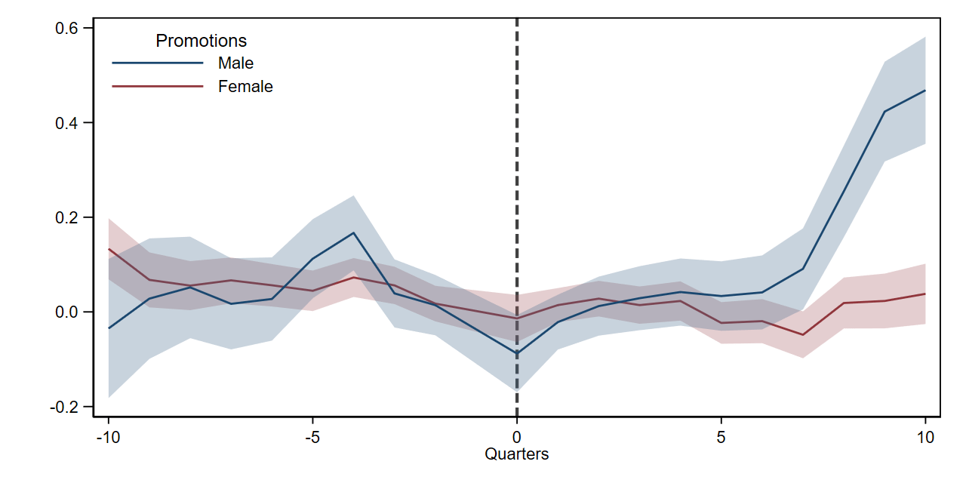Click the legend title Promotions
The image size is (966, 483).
pyautogui.click(x=201, y=41)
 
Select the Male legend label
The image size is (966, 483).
pyautogui.click(x=235, y=63)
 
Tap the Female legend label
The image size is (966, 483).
pyautogui.click(x=245, y=87)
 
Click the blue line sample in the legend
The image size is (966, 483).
pyautogui.click(x=158, y=63)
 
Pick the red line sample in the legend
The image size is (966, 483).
pyautogui.click(x=158, y=86)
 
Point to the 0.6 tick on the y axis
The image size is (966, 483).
pyautogui.click(x=66, y=28)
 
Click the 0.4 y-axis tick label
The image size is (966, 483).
pyautogui.click(x=66, y=123)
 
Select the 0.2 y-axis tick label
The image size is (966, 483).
pyautogui.click(x=66, y=217)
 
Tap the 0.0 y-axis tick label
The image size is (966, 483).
pyautogui.click(x=66, y=312)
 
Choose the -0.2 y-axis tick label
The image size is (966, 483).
pyautogui.click(x=64, y=407)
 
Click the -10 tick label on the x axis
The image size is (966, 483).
pyautogui.click(x=108, y=437)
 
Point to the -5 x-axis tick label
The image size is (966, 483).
pyautogui.click(x=312, y=437)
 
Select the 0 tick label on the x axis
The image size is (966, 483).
pyautogui.click(x=517, y=437)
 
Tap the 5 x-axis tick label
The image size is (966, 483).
pyautogui.click(x=721, y=437)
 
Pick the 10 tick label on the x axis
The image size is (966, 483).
pyautogui.click(x=925, y=437)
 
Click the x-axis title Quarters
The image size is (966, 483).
pyautogui.click(x=517, y=454)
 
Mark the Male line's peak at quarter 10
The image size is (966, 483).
pyautogui.click(x=925, y=91)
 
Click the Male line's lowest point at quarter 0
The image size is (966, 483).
pyautogui.click(x=517, y=352)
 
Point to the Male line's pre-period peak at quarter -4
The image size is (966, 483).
pyautogui.click(x=354, y=233)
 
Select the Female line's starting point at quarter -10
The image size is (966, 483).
pyautogui.click(x=109, y=249)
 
